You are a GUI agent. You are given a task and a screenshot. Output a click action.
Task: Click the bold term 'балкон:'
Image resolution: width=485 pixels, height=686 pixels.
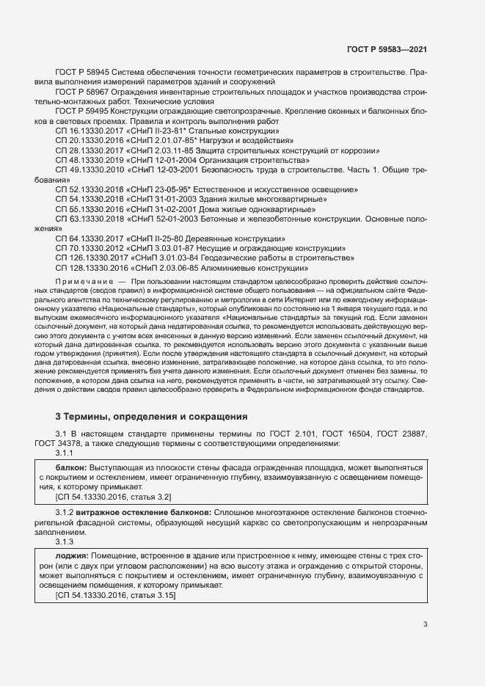tap(70, 467)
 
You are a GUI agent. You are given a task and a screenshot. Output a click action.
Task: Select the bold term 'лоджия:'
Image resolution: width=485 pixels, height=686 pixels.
tap(70, 556)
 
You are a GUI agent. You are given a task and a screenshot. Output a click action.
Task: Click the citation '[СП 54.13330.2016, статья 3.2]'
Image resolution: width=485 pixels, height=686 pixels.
tap(108, 497)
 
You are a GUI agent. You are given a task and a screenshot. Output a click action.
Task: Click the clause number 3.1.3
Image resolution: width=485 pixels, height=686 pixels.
tap(65, 541)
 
